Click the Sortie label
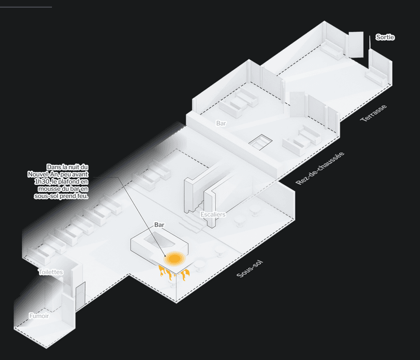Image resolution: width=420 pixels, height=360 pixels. click(x=385, y=38)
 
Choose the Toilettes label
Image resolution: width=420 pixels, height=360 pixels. click(x=50, y=272)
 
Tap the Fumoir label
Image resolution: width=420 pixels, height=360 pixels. click(x=39, y=316)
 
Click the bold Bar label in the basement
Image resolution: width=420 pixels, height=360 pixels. click(x=159, y=225)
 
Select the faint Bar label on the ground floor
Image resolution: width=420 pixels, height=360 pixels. click(x=221, y=124)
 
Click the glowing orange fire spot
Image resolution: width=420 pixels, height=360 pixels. click(x=175, y=258)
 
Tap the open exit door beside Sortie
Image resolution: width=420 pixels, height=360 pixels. click(x=355, y=44)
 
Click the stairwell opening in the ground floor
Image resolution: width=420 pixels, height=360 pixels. click(x=260, y=143)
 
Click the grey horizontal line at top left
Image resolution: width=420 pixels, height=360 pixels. click(x=26, y=7)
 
